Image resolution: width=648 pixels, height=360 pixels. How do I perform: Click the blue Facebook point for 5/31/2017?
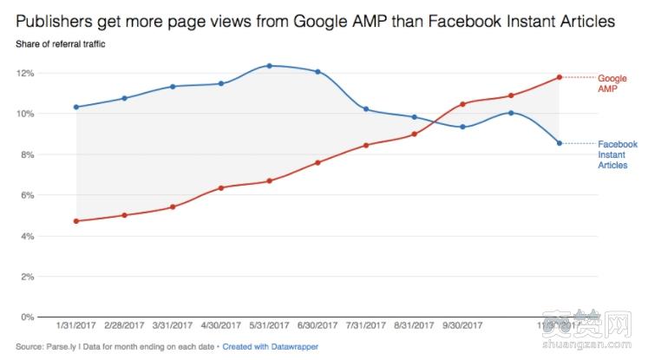click(x=270, y=66)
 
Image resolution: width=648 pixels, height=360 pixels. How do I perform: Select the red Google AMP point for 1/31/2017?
click(x=76, y=221)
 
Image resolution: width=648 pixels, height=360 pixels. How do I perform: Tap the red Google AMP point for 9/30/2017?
click(x=463, y=104)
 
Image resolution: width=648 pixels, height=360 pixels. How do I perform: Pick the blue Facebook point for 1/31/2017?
click(x=76, y=107)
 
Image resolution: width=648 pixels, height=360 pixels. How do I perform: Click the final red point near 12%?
click(x=560, y=77)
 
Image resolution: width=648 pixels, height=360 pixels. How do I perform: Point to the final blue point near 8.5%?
click(x=560, y=143)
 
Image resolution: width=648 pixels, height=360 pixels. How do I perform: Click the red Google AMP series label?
click(x=612, y=82)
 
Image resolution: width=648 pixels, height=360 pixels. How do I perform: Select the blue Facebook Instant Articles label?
click(x=617, y=154)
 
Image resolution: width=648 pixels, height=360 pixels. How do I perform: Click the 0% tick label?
click(x=26, y=317)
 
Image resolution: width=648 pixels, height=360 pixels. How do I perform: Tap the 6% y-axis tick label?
click(x=26, y=195)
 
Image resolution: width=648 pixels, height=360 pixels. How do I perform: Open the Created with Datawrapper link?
click(x=270, y=347)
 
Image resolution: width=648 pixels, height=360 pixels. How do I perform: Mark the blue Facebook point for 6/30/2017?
click(x=317, y=71)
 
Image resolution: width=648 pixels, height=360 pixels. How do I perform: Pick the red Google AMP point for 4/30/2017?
click(x=221, y=187)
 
